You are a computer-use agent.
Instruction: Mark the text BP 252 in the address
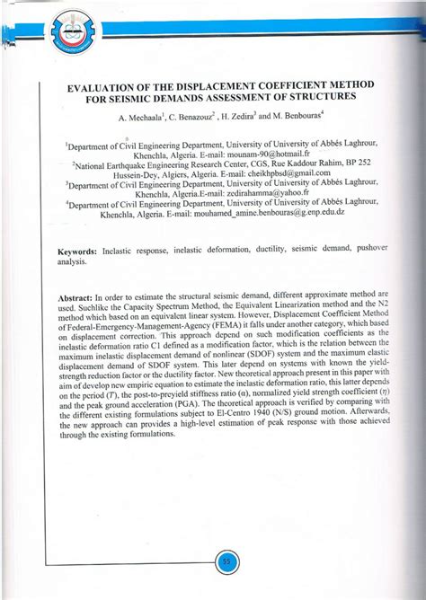(353, 163)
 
